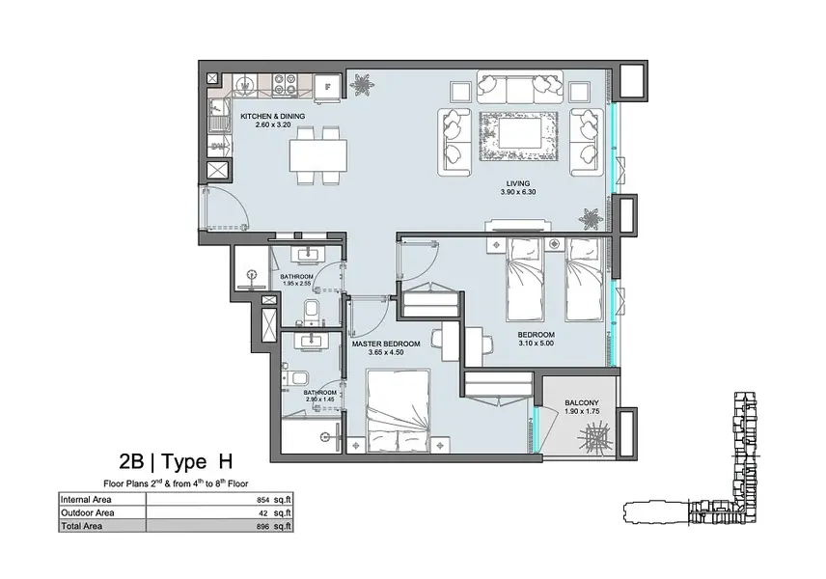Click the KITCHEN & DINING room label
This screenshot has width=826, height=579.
[x=272, y=117]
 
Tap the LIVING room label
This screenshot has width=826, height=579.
[x=518, y=184]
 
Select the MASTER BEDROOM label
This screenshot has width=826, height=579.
[x=386, y=345]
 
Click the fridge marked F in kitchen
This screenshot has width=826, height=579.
[x=327, y=87]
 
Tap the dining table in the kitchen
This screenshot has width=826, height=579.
[x=318, y=155]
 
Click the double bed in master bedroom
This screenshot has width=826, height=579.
[x=399, y=410]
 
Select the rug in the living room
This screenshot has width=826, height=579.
[x=518, y=135]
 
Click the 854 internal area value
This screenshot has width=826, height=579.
[x=262, y=500]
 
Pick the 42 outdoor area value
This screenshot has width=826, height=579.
[x=265, y=513]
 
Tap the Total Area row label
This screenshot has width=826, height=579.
[x=82, y=526]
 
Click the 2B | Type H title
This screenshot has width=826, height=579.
[x=176, y=461]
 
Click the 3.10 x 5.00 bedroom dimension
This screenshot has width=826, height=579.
[x=536, y=344]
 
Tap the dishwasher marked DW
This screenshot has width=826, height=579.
[x=218, y=146]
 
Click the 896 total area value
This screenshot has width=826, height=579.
[x=262, y=526]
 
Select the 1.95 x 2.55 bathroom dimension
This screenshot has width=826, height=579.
[x=297, y=284]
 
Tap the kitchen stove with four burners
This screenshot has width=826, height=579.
[x=285, y=85]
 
